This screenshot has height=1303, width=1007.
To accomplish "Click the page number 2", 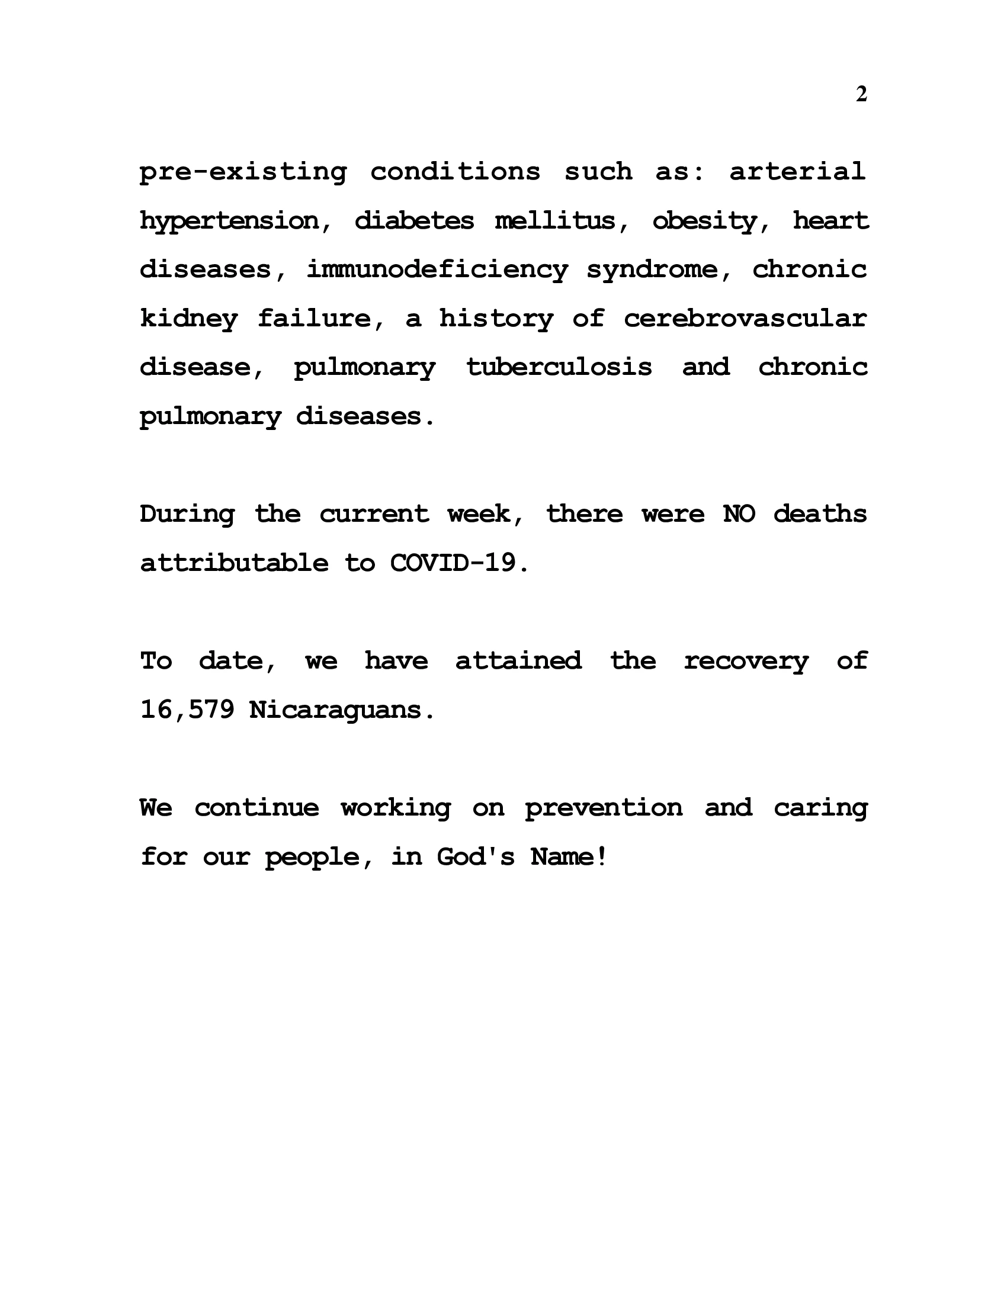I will click(861, 95).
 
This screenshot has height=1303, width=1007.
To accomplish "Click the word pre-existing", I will click(243, 172).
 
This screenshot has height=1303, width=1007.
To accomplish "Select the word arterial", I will click(797, 172).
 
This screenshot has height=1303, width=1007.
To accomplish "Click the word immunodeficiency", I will click(437, 270).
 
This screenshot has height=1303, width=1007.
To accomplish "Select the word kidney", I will click(188, 319).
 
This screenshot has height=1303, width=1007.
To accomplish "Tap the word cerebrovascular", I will click(745, 319).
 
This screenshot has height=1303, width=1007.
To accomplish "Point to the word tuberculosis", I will click(559, 367).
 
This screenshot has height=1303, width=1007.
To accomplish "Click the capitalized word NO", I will click(739, 514).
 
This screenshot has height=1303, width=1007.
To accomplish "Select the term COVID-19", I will click(458, 563).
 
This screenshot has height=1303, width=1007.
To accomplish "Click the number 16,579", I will click(187, 710).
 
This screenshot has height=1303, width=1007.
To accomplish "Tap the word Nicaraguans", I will click(342, 710).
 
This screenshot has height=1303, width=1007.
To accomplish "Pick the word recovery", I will click(746, 661).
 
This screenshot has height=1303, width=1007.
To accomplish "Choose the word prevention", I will click(604, 808).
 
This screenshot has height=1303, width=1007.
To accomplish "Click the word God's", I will click(476, 858).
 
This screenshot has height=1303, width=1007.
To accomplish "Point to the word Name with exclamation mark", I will click(569, 858).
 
